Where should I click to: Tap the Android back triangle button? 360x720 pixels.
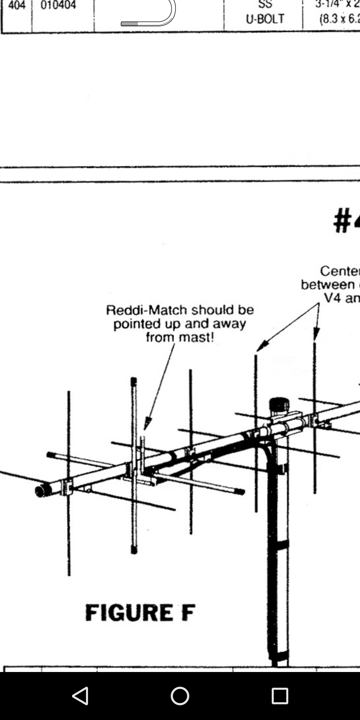pos(80,696)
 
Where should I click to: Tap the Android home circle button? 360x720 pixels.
pos(180,696)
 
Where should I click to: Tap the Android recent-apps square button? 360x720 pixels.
pos(280,696)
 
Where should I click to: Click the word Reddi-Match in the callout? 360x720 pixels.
pos(146,310)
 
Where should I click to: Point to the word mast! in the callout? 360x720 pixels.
pos(196,337)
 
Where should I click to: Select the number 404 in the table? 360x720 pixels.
pos(17,5)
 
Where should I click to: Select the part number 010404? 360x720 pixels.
pos(58,5)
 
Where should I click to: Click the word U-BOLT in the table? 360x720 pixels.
pos(265,19)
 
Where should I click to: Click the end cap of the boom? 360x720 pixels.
pos(41,491)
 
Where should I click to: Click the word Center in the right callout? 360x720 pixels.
pos(339,271)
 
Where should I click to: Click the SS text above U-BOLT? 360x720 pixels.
pos(265,4)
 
